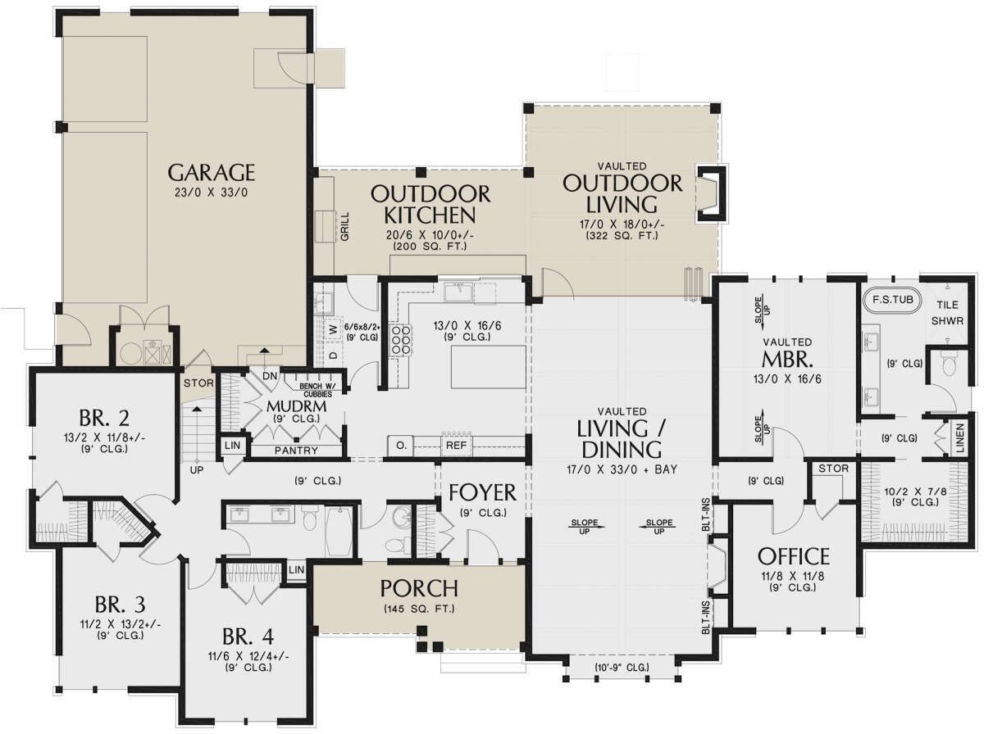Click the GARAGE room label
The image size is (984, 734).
click(x=211, y=173)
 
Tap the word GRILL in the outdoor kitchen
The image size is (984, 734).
click(x=344, y=227)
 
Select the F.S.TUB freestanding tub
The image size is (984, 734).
click(x=892, y=299)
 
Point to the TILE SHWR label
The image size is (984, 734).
click(x=947, y=313)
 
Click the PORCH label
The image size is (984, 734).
click(x=419, y=588)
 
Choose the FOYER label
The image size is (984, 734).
click(x=482, y=492)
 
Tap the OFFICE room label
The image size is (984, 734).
click(x=794, y=557)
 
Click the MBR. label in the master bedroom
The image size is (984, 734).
click(x=787, y=359)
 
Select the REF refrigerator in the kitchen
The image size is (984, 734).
click(x=457, y=445)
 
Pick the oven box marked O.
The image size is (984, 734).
click(x=401, y=445)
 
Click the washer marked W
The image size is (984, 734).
click(x=333, y=330)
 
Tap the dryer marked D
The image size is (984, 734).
click(x=333, y=356)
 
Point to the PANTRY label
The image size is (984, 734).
click(x=296, y=450)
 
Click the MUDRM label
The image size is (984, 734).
click(x=296, y=406)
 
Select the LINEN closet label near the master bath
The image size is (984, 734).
click(x=959, y=438)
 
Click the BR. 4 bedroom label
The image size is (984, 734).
click(x=248, y=636)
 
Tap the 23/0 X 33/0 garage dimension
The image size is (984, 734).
click(x=211, y=193)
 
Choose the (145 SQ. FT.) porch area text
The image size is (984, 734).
click(x=419, y=609)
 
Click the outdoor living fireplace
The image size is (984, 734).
click(x=711, y=193)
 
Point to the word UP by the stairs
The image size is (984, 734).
click(x=196, y=469)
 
